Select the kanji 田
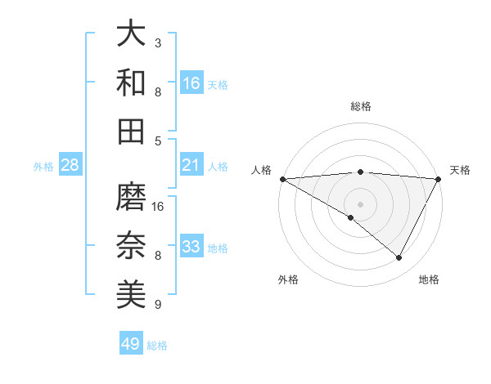132,130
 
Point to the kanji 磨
132,197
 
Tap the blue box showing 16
191,83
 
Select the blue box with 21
191,166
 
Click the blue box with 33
191,247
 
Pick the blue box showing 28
70,166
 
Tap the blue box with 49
131,344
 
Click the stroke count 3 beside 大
158,42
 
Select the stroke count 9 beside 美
158,305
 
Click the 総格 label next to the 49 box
157,346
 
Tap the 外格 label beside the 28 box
43,167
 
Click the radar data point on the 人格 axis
282,179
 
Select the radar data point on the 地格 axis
399,257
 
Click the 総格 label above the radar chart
361,106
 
